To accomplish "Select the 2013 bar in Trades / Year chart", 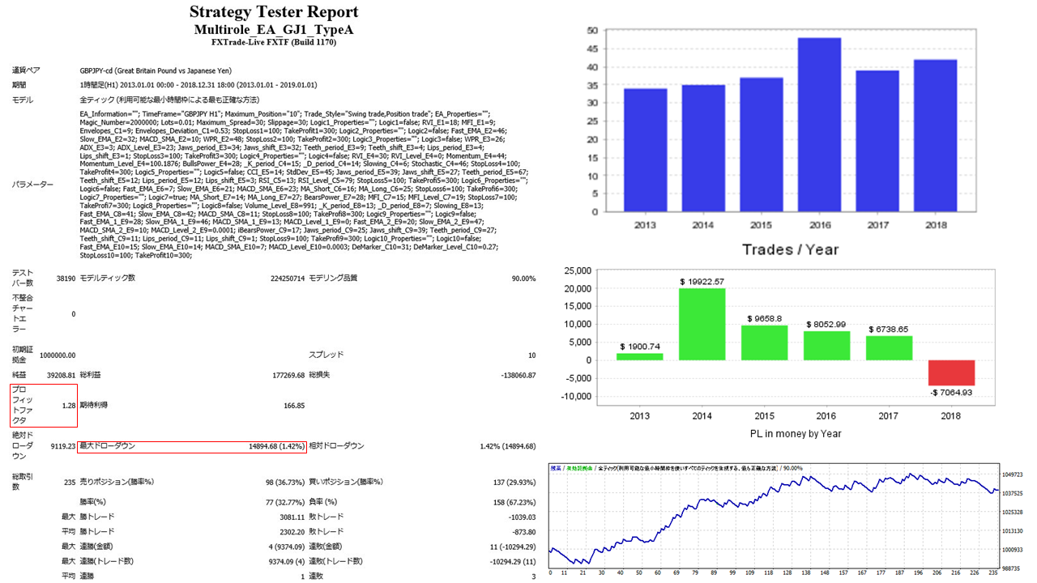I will [x=646, y=150].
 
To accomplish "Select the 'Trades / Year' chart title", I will [x=790, y=249].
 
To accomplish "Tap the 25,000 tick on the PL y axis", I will [x=576, y=270].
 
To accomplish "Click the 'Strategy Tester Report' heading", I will [x=273, y=12].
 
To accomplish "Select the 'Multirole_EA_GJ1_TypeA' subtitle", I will [x=273, y=29].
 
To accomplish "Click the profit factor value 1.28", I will [x=69, y=405].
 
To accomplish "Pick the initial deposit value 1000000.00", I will [x=58, y=355].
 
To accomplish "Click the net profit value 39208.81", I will [x=62, y=376].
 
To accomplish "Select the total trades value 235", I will [x=70, y=482].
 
